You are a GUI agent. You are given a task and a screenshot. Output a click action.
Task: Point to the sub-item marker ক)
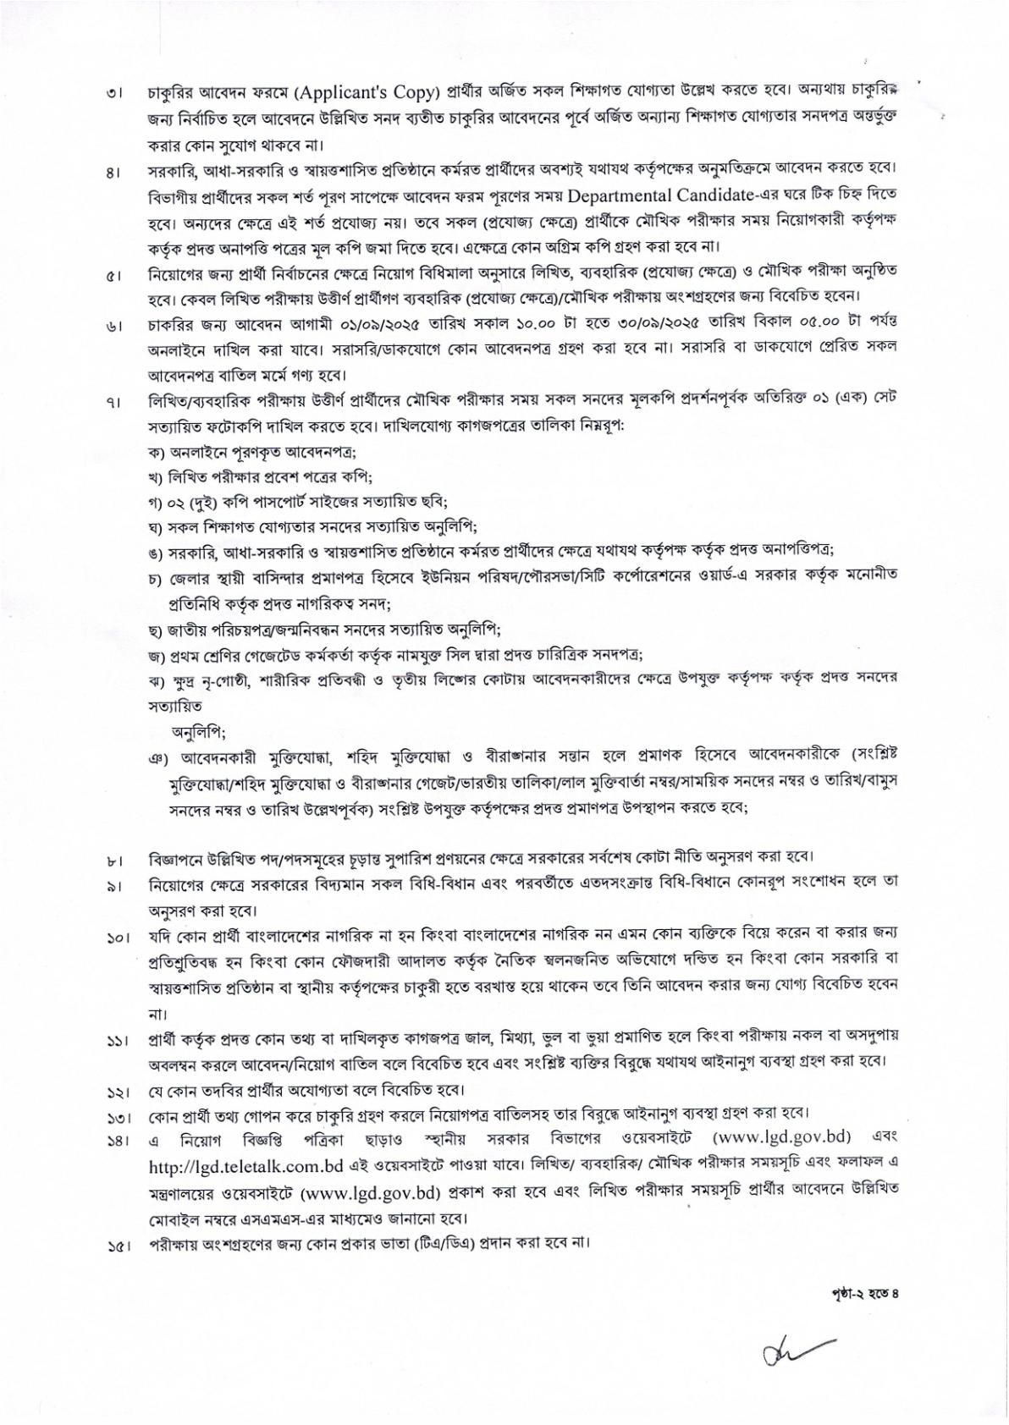pyautogui.click(x=157, y=450)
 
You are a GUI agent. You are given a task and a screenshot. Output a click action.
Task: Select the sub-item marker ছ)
pyautogui.click(x=157, y=630)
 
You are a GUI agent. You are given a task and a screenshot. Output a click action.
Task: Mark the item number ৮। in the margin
pyautogui.click(x=113, y=861)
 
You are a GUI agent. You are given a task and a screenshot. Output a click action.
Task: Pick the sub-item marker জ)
pyautogui.click(x=157, y=655)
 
